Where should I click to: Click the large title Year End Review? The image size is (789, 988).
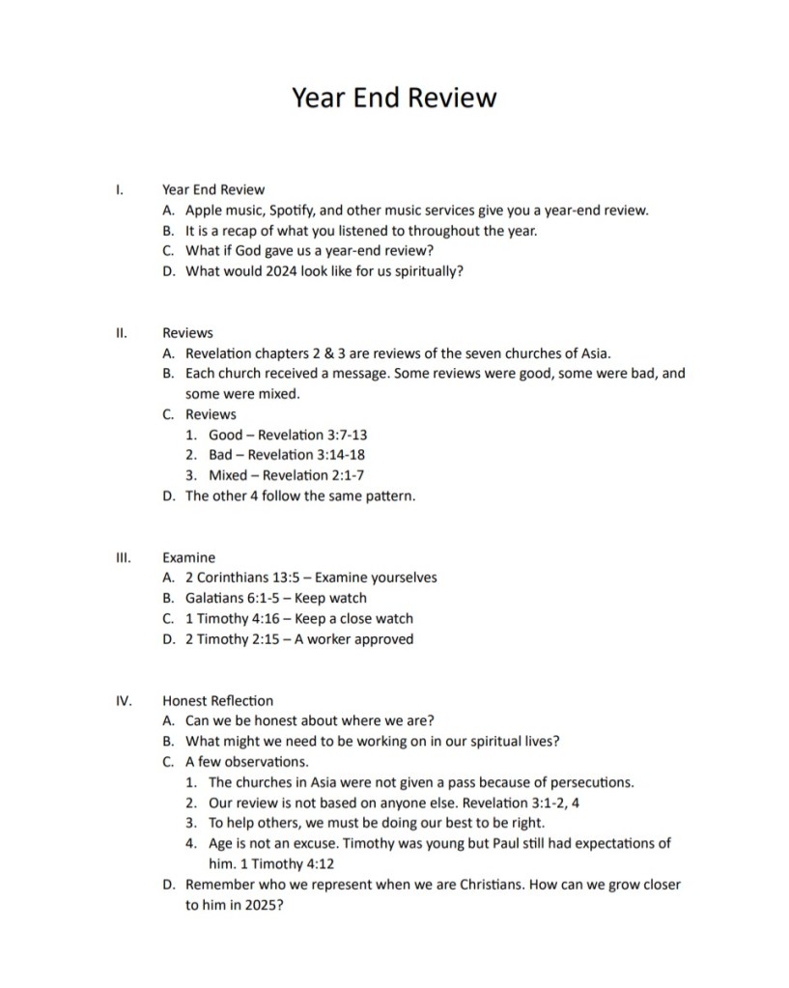394,98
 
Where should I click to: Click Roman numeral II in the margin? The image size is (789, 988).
122,333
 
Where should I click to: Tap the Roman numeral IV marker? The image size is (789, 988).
123,701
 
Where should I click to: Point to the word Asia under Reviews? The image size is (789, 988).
592,353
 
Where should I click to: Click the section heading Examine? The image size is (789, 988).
189,558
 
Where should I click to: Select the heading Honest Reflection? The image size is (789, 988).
217,701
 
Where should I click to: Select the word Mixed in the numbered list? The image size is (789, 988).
228,475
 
